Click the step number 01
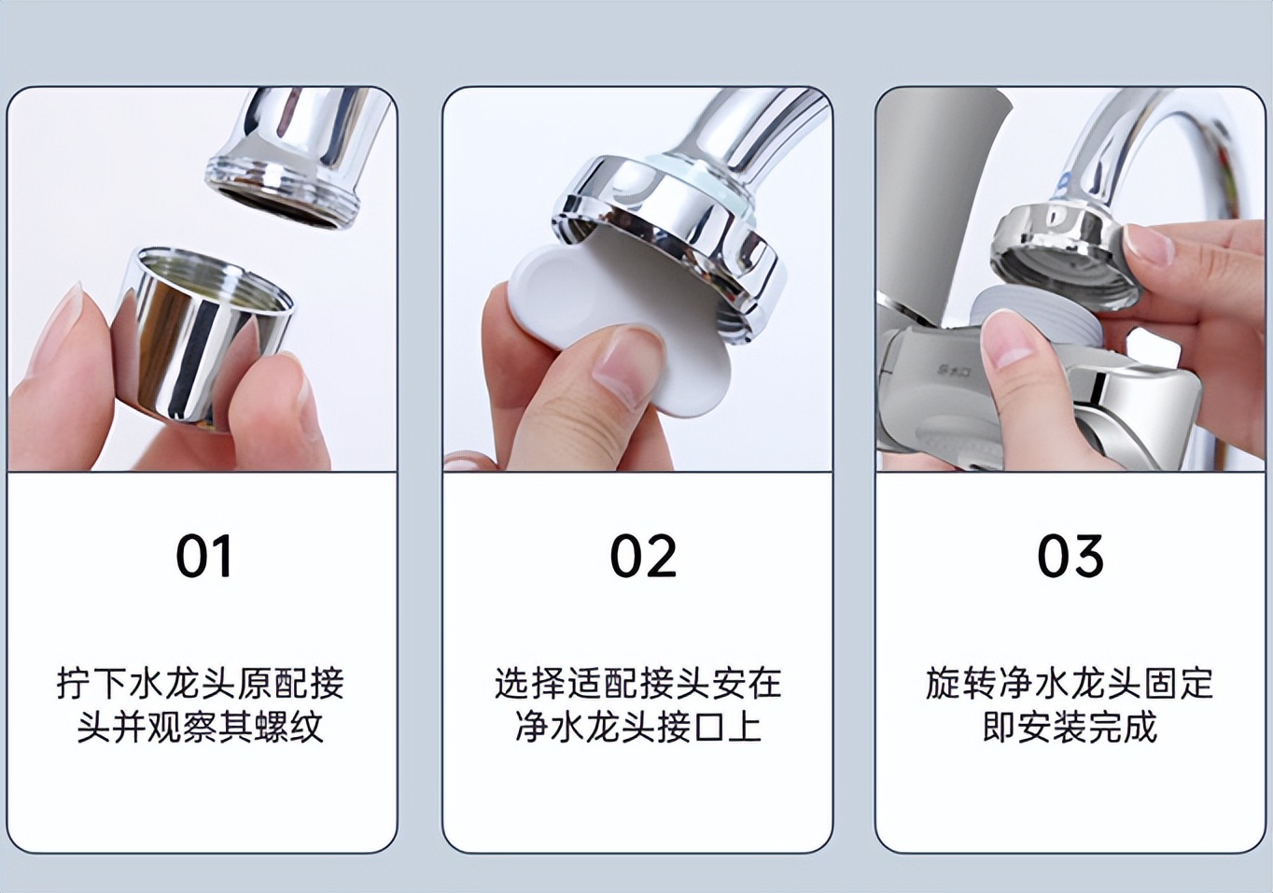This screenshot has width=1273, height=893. tap(203, 557)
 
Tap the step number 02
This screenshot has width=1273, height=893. tap(642, 557)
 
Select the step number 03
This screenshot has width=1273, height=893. tap(1070, 557)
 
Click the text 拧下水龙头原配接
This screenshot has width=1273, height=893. tap(201, 684)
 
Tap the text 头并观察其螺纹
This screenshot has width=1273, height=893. tap(201, 727)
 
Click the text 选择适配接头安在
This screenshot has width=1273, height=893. tap(637, 684)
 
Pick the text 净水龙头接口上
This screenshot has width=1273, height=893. tap(637, 727)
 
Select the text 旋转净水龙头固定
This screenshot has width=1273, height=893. tap(1070, 684)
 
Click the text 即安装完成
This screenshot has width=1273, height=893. tap(1070, 727)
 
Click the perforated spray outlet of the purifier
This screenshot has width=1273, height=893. tap(952, 448)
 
